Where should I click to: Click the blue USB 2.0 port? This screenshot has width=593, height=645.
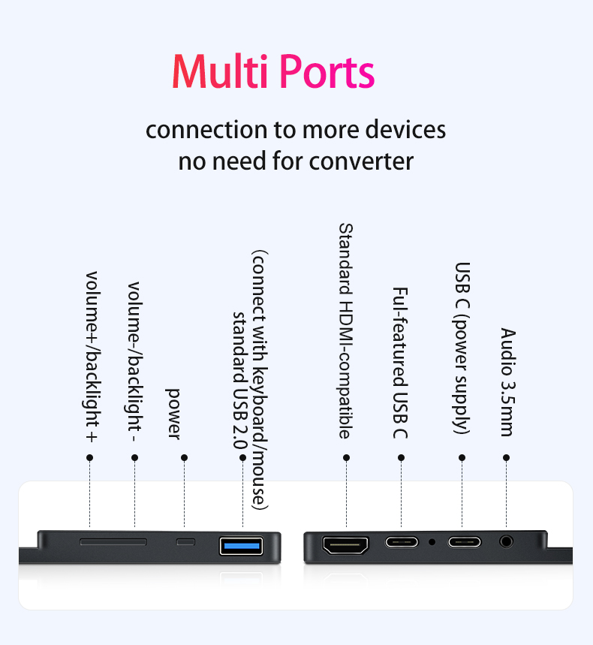pyautogui.click(x=242, y=545)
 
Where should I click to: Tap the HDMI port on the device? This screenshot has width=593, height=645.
pyautogui.click(x=345, y=545)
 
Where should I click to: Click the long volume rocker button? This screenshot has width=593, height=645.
pyautogui.click(x=113, y=541)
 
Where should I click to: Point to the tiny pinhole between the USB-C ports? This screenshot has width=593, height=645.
pyautogui.click(x=432, y=541)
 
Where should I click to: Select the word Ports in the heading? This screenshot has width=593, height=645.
pyautogui.click(x=327, y=72)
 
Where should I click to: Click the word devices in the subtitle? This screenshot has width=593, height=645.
pyautogui.click(x=405, y=129)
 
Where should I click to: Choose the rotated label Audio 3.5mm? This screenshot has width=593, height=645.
pyautogui.click(x=507, y=381)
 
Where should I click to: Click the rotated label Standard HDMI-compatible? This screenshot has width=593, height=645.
pyautogui.click(x=345, y=330)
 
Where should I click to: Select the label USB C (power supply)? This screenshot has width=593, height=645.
pyautogui.click(x=462, y=348)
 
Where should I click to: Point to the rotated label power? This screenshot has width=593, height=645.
pyautogui.click(x=173, y=413)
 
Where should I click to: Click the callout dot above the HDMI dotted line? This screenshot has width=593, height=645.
pyautogui.click(x=346, y=457)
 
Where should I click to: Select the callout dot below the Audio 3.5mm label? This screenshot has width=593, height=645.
pyautogui.click(x=507, y=457)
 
